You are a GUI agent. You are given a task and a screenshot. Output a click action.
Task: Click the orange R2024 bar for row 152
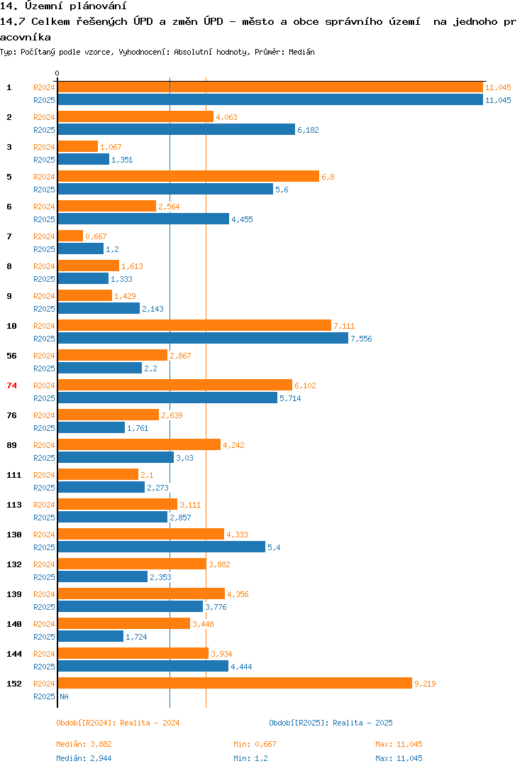coord(234,683)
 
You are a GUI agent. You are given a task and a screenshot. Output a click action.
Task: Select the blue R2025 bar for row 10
coord(202,339)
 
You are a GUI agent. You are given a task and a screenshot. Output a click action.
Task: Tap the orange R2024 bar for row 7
coord(70,236)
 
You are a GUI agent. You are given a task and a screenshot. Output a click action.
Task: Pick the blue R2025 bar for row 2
coord(176,129)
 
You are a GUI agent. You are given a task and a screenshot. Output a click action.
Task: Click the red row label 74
coord(11,385)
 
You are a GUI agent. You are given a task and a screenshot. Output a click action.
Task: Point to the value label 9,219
coord(425,684)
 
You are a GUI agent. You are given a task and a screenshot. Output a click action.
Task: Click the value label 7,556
coord(361,339)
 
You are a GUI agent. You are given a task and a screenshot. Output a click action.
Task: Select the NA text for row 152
coord(64,696)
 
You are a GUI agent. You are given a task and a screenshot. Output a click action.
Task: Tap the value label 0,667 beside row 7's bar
coord(96,236)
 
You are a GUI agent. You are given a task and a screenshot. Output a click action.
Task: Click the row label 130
coord(13,535)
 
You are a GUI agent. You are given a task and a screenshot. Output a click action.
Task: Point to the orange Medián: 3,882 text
coord(84,744)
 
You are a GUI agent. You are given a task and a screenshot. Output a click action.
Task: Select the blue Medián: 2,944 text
coord(84,758)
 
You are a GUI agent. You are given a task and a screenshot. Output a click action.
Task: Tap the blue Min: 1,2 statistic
coord(250,758)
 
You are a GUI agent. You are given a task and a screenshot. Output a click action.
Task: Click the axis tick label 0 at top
coord(57,73)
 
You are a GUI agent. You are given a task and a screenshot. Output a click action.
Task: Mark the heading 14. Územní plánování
coord(57,6)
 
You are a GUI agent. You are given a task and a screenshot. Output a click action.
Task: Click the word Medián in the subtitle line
coord(302,52)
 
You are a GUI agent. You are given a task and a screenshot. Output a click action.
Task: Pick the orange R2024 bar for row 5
coord(188,176)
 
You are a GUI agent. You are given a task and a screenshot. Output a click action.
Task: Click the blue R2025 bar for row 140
coord(90,636)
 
